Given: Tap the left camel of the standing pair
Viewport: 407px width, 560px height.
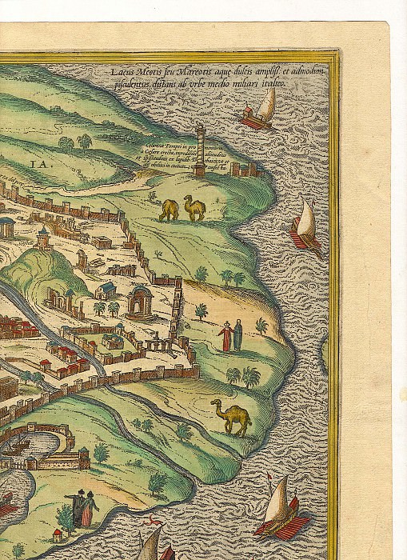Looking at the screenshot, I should click(169, 210).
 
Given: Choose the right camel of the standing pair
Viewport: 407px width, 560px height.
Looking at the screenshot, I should click(194, 207).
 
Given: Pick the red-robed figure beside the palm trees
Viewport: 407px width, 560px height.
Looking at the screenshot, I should click(226, 336).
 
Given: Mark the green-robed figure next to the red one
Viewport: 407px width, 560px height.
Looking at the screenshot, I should click(238, 334).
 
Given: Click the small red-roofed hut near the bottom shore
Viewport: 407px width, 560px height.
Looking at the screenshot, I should click(56, 534).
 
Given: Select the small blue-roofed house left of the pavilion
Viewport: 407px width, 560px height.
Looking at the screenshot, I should click(106, 287).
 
